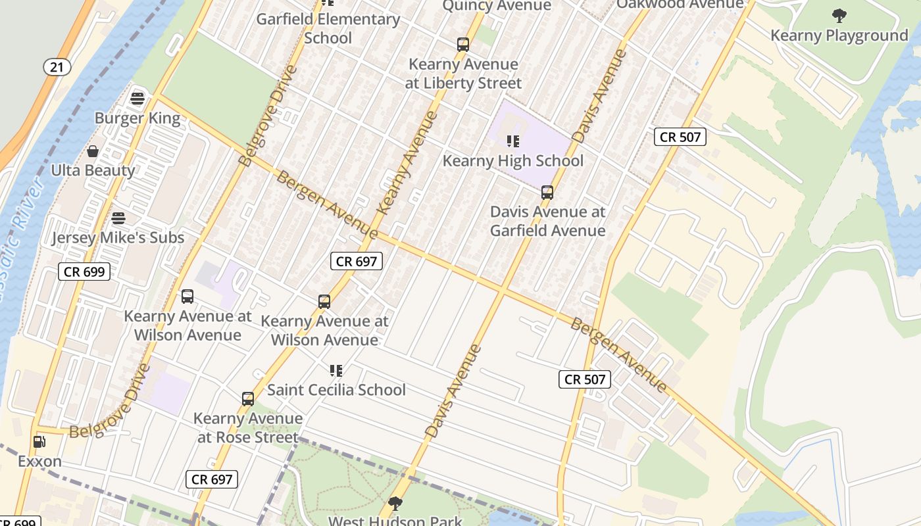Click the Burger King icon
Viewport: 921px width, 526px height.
[137, 99]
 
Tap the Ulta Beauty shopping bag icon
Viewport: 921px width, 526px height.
[93, 151]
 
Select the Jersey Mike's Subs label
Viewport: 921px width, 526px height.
[118, 237]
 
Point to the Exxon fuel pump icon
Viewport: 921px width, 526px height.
[39, 442]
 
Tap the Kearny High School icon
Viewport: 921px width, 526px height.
[513, 141]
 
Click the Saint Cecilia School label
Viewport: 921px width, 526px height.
[336, 389]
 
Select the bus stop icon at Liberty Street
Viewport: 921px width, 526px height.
[463, 45]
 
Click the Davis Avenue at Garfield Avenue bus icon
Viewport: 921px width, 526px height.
[547, 193]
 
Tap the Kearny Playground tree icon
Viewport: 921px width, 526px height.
[839, 15]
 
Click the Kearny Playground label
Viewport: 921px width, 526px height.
[839, 36]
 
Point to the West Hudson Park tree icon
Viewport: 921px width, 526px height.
[395, 504]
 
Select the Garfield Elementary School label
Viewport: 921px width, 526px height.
[328, 28]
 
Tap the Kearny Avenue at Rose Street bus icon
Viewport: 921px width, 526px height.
[248, 399]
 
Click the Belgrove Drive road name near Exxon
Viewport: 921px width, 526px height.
[110, 402]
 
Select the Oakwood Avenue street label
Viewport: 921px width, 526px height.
[680, 5]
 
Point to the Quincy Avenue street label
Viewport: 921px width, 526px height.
[497, 6]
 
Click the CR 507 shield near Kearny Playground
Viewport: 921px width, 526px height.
[680, 137]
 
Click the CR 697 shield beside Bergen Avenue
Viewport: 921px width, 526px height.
[357, 261]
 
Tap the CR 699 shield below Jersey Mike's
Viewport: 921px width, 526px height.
[84, 272]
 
